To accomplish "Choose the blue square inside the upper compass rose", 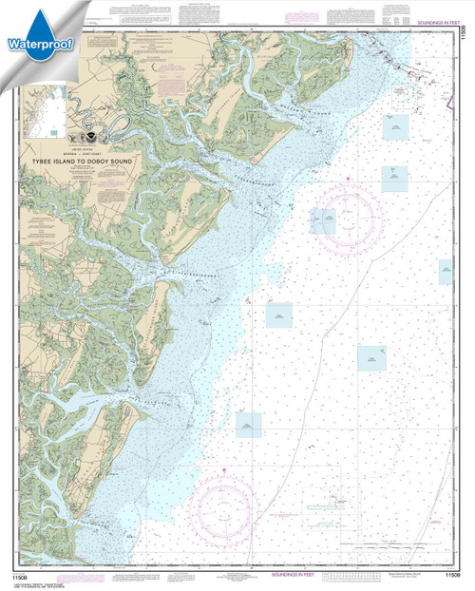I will tap(324, 221).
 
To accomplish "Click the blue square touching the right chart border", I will tap(445, 273).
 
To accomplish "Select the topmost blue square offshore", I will tap(395, 124).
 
